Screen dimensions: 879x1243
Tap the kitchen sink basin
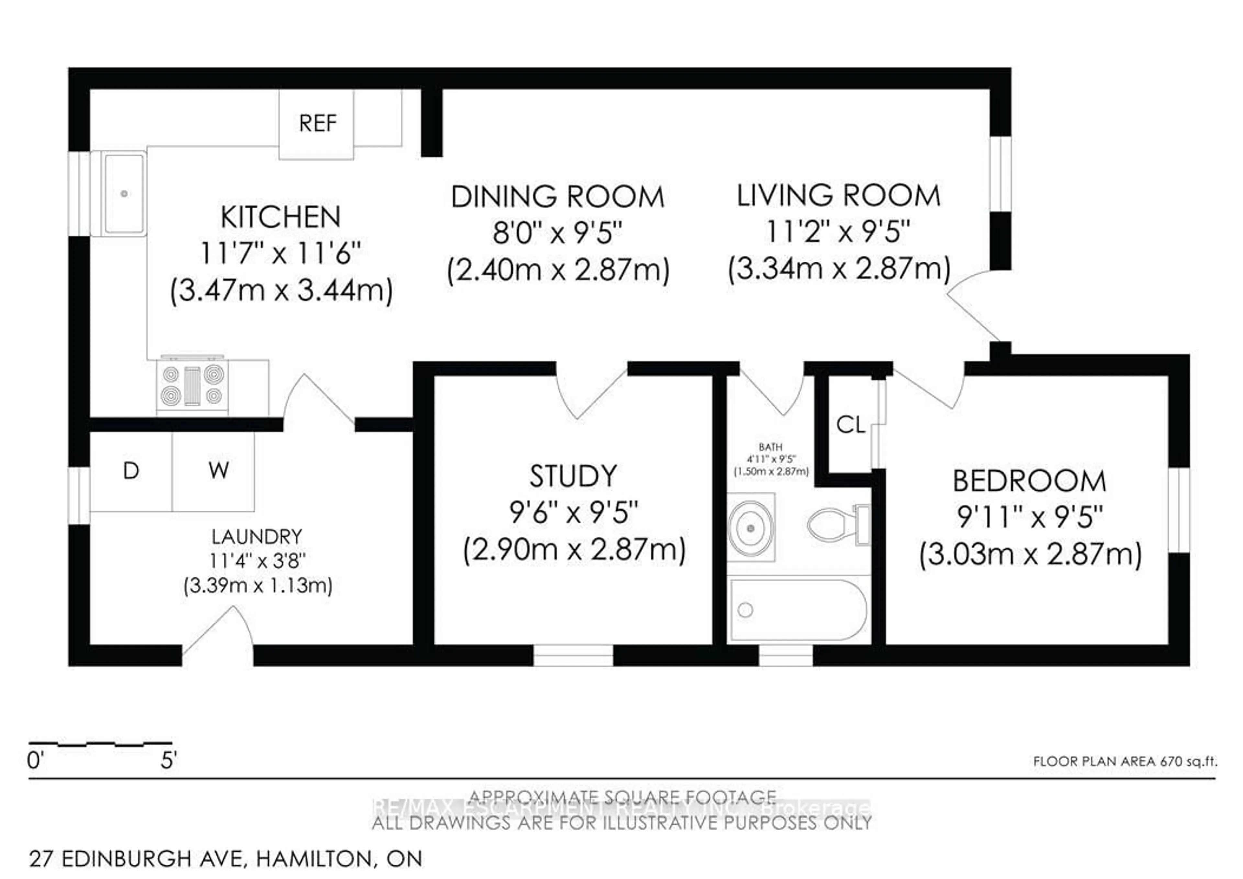[125, 193]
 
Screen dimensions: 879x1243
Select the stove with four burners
[192, 386]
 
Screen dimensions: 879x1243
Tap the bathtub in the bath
[799, 610]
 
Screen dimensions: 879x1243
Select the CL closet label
[850, 425]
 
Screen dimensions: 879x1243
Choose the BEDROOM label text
[1029, 481]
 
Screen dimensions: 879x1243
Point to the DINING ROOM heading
[558, 197]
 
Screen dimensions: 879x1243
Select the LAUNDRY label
[257, 537]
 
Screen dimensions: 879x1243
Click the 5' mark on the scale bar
[168, 760]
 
